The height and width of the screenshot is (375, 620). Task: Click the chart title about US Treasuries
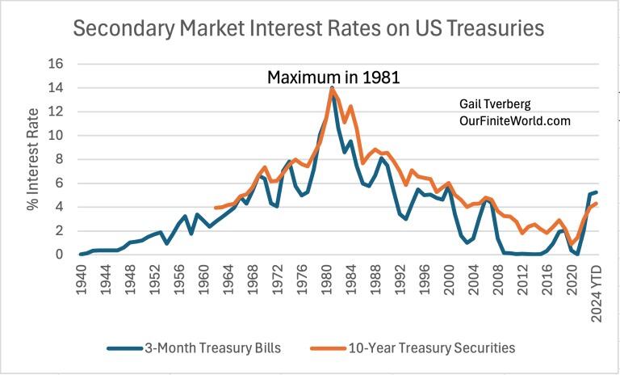pos(308,29)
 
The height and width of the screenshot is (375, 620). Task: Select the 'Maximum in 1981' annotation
pos(334,78)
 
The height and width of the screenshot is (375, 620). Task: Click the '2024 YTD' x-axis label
pos(597,289)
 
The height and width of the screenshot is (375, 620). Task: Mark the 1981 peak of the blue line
pos(332,87)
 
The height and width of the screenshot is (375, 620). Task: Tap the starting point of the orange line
pos(215,208)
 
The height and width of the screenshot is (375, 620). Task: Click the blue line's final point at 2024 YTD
pos(596,192)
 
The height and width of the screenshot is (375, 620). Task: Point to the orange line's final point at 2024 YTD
pos(596,204)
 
